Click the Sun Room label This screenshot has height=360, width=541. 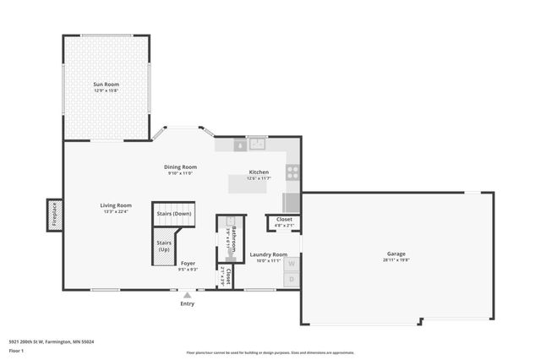point(106,85)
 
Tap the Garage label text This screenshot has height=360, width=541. point(396,254)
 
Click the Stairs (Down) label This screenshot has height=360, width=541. point(173,214)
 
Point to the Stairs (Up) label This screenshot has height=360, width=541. point(163,247)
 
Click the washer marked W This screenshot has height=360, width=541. point(292,264)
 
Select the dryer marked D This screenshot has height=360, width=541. point(292,279)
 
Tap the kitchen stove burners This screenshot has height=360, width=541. point(292,172)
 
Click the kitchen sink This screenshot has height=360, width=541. point(256,145)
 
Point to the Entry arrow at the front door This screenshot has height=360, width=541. point(187,295)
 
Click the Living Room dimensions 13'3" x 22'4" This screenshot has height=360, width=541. point(116,211)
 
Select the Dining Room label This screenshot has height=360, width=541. point(180,166)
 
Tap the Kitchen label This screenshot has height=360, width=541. point(258,172)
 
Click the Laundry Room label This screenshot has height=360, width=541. point(268,254)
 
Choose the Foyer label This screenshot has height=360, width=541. point(188,264)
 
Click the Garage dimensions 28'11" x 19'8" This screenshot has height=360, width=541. point(396,260)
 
